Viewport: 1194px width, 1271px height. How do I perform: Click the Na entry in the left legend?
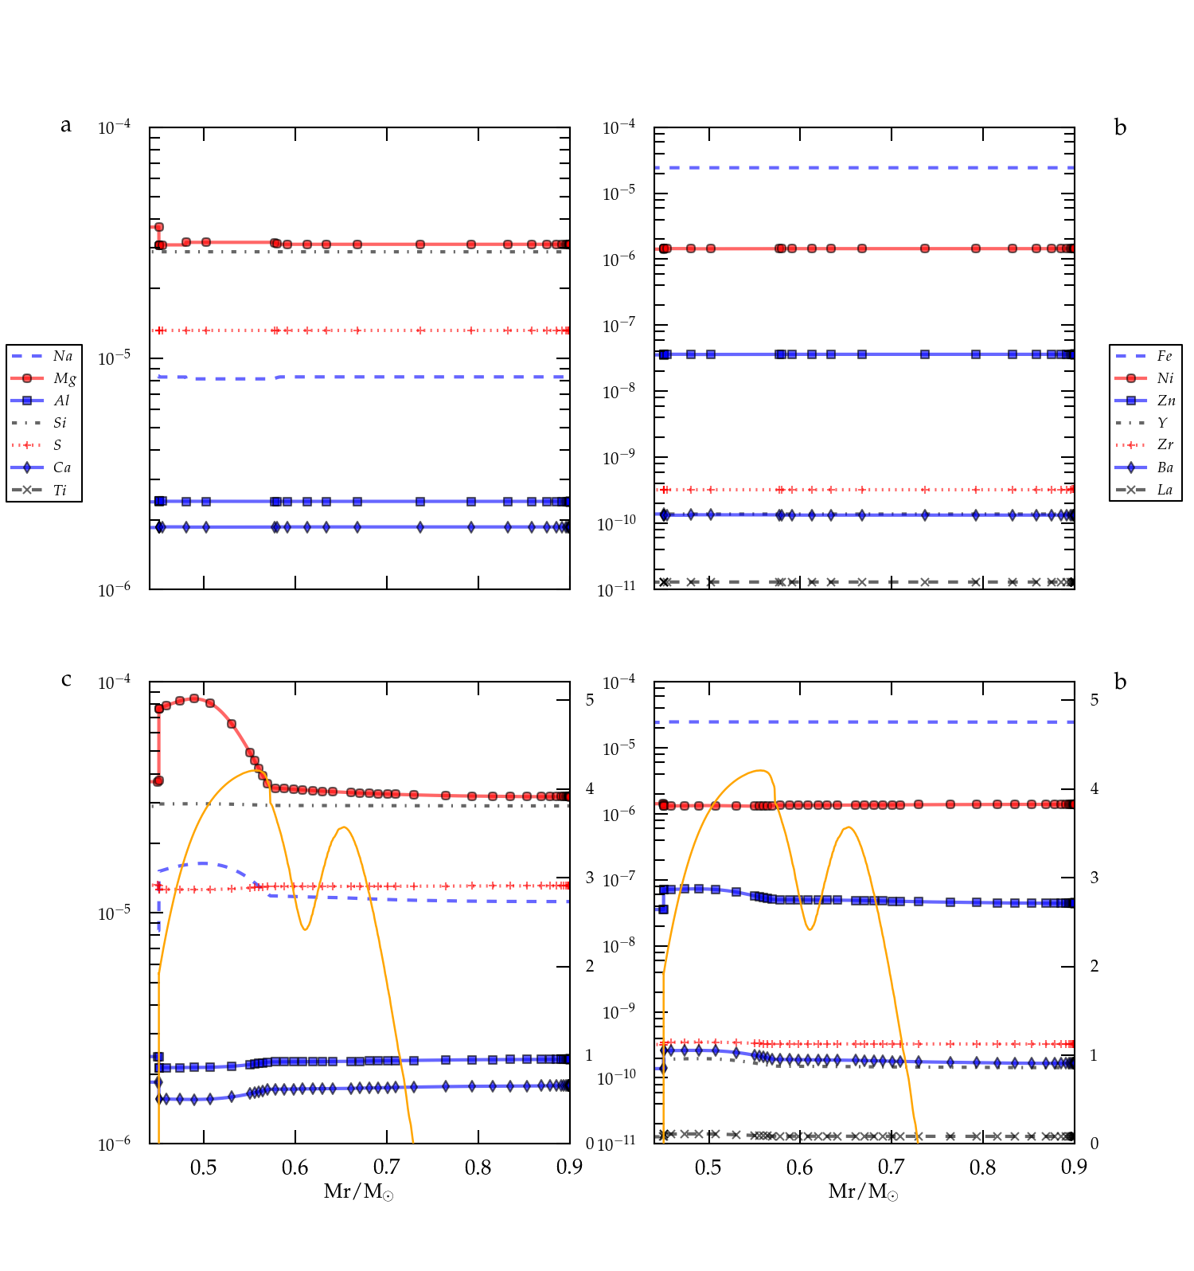coord(62,356)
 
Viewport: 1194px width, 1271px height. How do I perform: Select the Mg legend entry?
coord(64,378)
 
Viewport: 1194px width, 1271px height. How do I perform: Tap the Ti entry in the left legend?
coord(60,490)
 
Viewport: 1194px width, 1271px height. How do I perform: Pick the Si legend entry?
coord(60,423)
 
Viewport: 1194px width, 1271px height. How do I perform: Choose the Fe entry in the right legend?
coord(1164,356)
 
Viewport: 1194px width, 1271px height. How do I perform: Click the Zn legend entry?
coord(1165,401)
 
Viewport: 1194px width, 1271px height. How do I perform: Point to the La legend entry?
coord(1165,490)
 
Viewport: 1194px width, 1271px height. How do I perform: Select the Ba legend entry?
coord(1165,467)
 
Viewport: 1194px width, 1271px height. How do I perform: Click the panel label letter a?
coord(66,125)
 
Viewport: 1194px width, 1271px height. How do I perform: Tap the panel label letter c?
coord(66,679)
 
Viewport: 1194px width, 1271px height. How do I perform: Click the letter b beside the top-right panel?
coord(1120,127)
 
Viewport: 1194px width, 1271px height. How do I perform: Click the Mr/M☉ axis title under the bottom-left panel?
coord(358,1191)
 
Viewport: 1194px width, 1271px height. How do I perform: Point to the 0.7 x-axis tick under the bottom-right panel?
coord(891,1167)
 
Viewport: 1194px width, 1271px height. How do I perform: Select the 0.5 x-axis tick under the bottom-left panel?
coord(204,1167)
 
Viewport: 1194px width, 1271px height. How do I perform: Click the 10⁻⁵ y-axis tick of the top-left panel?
coord(114,358)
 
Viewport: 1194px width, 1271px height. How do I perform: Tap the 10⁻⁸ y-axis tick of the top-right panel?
coord(618,391)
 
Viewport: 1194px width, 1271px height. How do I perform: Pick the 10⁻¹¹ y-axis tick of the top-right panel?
coord(617,589)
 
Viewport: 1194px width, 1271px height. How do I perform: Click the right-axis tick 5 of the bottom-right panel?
coord(1094,700)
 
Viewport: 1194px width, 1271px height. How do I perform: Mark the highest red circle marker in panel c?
coord(194,698)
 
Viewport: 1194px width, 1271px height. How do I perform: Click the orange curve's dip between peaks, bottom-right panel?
coord(810,929)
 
